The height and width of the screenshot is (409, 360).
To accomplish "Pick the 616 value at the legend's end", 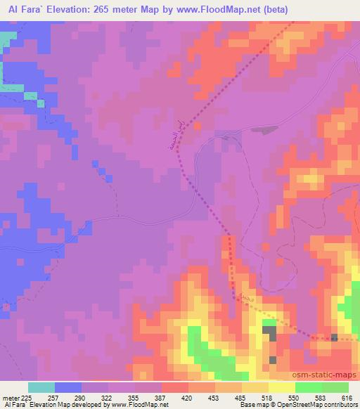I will [x=346, y=397].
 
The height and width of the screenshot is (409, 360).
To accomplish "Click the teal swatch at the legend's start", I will [x=42, y=387].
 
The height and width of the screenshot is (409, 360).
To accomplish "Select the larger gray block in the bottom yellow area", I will [x=269, y=332].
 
